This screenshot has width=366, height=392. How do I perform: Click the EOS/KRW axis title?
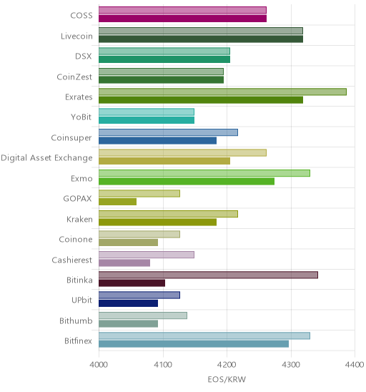pyautogui.click(x=227, y=379)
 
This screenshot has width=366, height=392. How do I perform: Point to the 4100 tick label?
pyautogui.click(x=163, y=365)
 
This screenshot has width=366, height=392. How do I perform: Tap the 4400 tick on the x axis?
pyautogui.click(x=355, y=365)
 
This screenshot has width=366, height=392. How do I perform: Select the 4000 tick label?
pyautogui.click(x=99, y=365)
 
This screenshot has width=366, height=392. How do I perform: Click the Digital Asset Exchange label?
pyautogui.click(x=46, y=158)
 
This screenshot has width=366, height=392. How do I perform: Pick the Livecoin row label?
pyautogui.click(x=76, y=36)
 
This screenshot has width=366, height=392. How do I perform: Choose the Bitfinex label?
pyautogui.click(x=78, y=340)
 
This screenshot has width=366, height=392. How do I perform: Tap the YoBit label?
pyautogui.click(x=81, y=117)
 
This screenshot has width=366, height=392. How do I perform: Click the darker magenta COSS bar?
pyautogui.click(x=182, y=19)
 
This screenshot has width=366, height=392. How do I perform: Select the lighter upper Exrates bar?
pyautogui.click(x=222, y=92)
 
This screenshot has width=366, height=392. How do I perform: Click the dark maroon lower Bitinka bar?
pyautogui.click(x=132, y=283)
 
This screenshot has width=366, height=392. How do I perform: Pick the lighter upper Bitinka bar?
pyautogui.click(x=208, y=275)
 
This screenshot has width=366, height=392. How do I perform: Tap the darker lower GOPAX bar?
pyautogui.click(x=118, y=202)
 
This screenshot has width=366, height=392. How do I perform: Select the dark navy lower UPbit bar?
pyautogui.click(x=129, y=303)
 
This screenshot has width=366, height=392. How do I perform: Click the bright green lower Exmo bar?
pyautogui.click(x=187, y=181)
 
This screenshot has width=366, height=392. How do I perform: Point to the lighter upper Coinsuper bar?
pyautogui.click(x=169, y=132)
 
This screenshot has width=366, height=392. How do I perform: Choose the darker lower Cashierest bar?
pyautogui.click(x=124, y=263)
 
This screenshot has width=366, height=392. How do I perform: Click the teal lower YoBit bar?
pyautogui.click(x=147, y=120)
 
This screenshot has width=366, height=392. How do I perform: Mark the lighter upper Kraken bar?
pyautogui.click(x=169, y=214)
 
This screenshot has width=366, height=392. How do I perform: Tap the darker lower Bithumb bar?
pyautogui.click(x=129, y=324)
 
